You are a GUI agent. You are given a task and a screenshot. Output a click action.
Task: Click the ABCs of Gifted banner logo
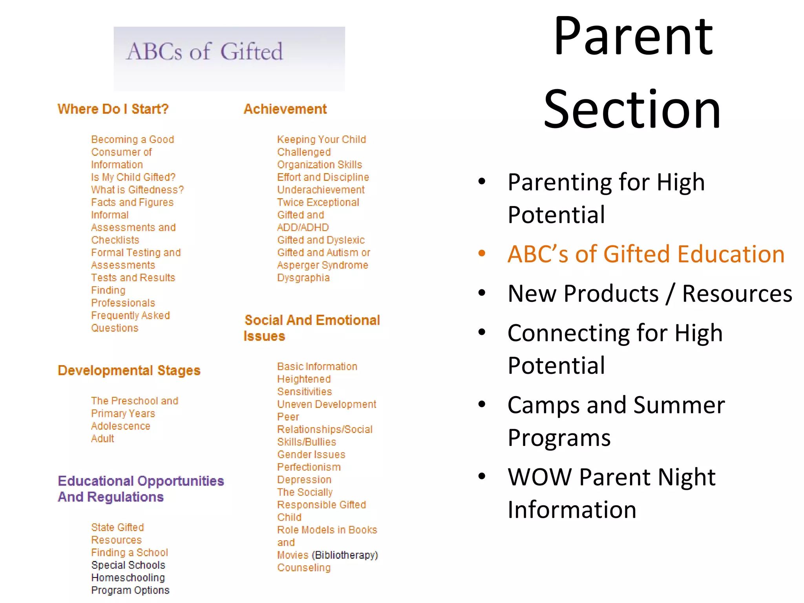[229, 59]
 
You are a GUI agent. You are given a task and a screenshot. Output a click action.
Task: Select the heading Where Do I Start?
[113, 109]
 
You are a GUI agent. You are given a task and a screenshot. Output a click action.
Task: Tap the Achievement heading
[285, 109]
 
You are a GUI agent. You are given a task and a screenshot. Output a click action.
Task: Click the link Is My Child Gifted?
[133, 177]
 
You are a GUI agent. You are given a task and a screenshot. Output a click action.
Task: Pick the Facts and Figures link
[132, 202]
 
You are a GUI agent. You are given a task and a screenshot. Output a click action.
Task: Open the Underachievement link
[321, 190]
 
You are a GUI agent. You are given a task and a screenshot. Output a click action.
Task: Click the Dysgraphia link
[303, 278]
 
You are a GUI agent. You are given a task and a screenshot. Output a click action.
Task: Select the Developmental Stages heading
[129, 370]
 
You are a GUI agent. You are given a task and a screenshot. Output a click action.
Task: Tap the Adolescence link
[121, 426]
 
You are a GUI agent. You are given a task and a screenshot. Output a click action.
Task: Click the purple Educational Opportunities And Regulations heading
[141, 488]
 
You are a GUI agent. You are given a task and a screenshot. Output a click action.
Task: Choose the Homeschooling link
[128, 577]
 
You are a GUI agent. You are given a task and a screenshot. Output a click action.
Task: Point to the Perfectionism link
[309, 467]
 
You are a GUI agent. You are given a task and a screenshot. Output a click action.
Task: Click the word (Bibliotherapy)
[345, 555]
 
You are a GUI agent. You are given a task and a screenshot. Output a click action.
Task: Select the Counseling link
[304, 567]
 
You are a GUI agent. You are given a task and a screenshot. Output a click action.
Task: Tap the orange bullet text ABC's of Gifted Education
[646, 254]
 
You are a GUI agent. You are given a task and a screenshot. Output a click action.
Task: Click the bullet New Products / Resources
[650, 293]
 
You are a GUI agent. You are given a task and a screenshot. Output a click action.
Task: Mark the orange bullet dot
[482, 253]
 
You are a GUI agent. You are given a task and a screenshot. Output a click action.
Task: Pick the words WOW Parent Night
[611, 477]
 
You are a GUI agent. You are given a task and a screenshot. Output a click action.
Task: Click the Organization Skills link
[320, 164]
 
